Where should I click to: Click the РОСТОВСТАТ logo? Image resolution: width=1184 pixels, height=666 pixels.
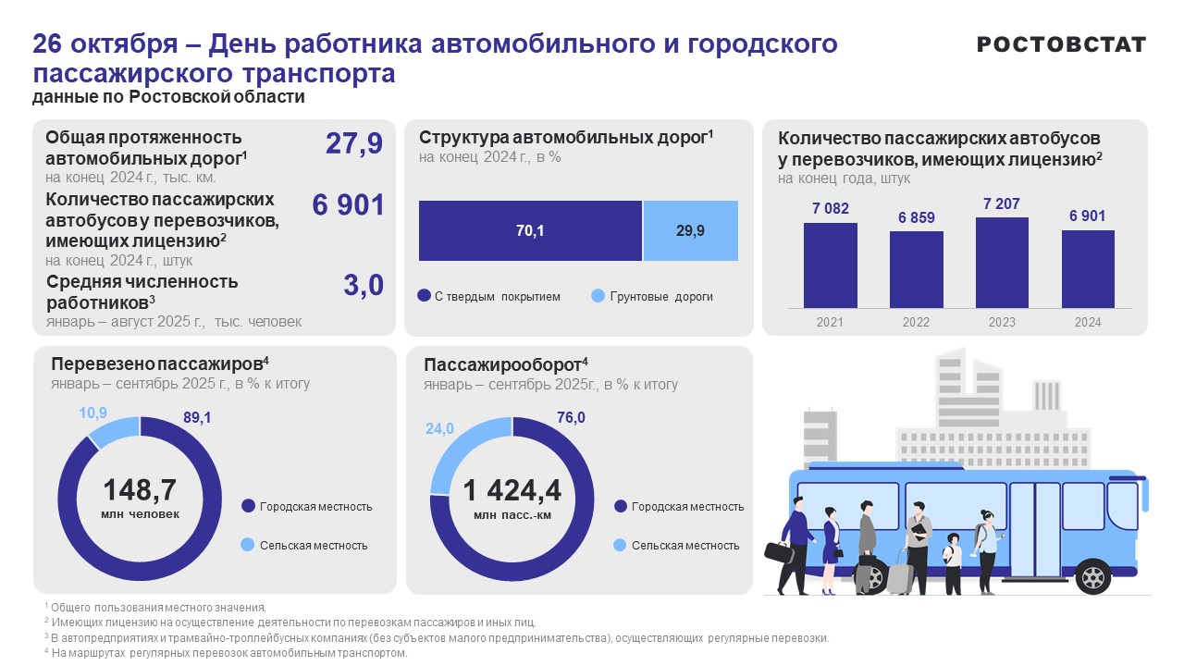pyautogui.click(x=1061, y=44)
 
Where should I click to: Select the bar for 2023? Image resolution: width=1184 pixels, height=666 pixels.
pyautogui.click(x=1002, y=263)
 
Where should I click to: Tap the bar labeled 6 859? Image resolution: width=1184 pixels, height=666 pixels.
pyautogui.click(x=917, y=269)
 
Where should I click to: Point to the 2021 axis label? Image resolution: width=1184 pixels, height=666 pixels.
pyautogui.click(x=830, y=322)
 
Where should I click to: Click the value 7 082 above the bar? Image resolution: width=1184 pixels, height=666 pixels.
pyautogui.click(x=830, y=209)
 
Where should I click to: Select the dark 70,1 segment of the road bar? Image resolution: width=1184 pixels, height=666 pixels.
pyautogui.click(x=530, y=231)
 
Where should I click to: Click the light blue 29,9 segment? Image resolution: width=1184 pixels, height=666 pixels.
pyautogui.click(x=690, y=231)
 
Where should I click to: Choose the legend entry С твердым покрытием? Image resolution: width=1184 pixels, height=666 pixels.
pyautogui.click(x=489, y=297)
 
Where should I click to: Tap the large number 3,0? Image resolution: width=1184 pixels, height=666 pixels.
pyautogui.click(x=363, y=286)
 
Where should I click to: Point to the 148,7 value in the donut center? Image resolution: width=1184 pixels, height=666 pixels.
pyautogui.click(x=140, y=489)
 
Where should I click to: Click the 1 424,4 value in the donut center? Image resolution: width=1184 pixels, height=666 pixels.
pyautogui.click(x=512, y=489)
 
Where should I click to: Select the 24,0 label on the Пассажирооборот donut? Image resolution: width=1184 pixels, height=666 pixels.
pyautogui.click(x=439, y=428)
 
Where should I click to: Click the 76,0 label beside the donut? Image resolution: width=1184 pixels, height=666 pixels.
pyautogui.click(x=571, y=417)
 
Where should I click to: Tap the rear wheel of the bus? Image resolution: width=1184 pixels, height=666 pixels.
pyautogui.click(x=1093, y=578)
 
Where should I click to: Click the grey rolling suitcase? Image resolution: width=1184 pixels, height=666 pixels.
pyautogui.click(x=900, y=575)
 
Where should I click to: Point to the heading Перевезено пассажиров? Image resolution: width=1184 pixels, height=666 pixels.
pyautogui.click(x=159, y=364)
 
